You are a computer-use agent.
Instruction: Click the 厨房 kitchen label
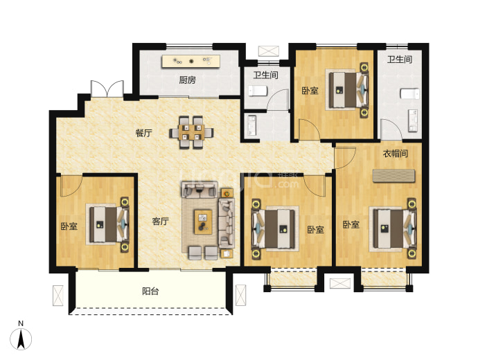tap(187, 80)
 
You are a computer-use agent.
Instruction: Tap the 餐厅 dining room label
tap(143, 133)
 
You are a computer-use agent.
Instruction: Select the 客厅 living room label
tap(160, 221)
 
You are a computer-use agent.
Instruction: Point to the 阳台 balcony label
tap(150, 291)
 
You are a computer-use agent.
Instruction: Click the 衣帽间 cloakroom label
tap(396, 154)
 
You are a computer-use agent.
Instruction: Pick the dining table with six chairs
tap(191, 132)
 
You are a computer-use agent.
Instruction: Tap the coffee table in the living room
tap(204, 222)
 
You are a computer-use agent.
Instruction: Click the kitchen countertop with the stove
tap(191, 62)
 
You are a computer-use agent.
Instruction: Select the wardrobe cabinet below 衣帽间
tap(394, 176)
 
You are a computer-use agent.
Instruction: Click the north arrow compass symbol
tap(21, 339)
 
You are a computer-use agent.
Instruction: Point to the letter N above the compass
tap(21, 324)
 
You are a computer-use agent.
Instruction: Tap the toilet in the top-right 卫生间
tap(410, 93)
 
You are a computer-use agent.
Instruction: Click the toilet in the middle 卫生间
tap(258, 91)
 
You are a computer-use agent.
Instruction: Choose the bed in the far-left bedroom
tap(109, 224)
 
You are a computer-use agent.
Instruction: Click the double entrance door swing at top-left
tap(107, 89)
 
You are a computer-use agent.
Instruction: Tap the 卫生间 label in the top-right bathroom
tap(400, 59)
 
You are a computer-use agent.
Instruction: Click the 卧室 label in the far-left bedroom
tap(69, 226)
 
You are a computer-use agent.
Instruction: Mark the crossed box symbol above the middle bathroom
tap(269, 51)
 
